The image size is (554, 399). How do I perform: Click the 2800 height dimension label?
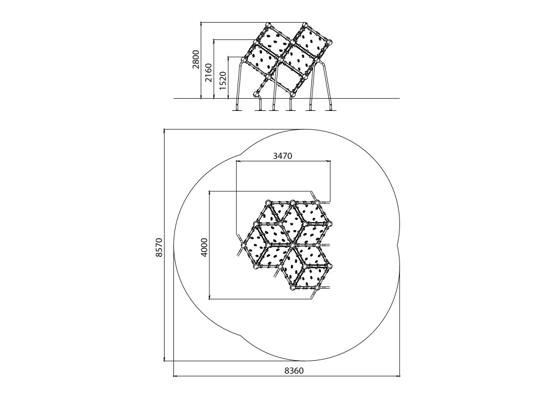(x=196, y=59)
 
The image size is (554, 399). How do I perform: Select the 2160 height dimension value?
(x=209, y=73)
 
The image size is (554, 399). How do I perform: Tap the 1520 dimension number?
(x=223, y=80)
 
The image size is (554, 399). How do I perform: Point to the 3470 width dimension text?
(x=283, y=156)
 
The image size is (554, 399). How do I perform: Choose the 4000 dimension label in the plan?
(x=204, y=247)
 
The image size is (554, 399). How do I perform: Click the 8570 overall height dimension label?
(x=159, y=247)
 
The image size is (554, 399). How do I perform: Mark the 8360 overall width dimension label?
(x=294, y=370)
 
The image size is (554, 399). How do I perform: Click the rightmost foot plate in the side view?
(x=331, y=110)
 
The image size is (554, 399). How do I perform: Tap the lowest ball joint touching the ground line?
(x=257, y=94)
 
